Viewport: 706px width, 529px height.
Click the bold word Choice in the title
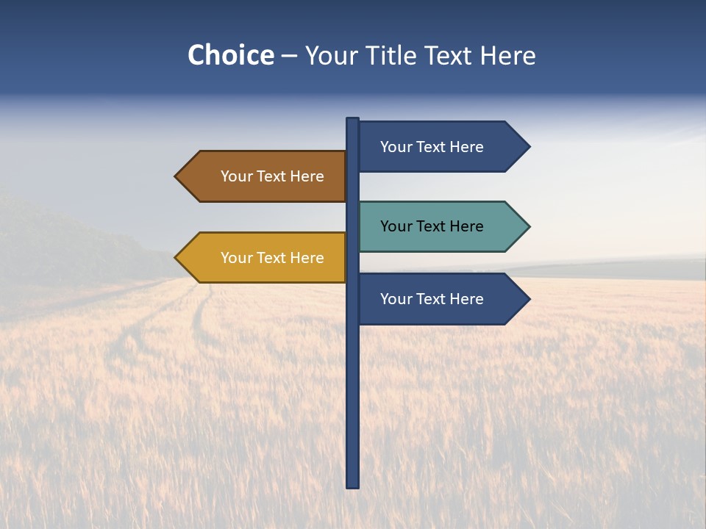[230, 55]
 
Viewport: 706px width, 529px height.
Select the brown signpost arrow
[265, 176]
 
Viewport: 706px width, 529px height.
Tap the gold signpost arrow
[265, 258]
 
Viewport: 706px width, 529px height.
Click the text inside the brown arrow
[272, 176]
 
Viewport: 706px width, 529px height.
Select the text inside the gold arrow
[272, 258]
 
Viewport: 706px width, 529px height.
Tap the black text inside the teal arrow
[432, 226]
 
